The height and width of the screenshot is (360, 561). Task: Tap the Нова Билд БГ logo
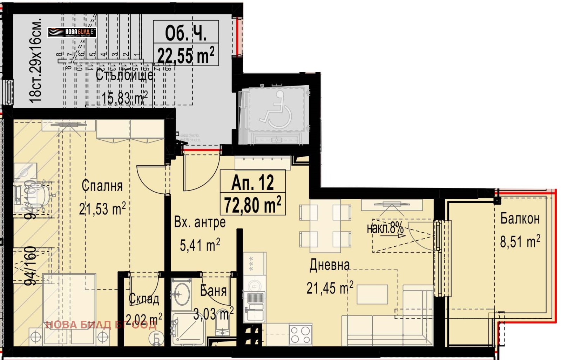click(72, 33)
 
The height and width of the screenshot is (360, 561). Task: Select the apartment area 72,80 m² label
click(252, 205)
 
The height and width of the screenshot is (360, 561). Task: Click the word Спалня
click(102, 186)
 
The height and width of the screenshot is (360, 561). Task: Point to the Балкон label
click(520, 219)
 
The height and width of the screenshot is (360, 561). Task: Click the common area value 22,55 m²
click(186, 55)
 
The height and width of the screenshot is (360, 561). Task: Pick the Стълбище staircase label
click(124, 75)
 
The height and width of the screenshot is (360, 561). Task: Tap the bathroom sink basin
click(182, 293)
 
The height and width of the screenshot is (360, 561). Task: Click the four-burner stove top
click(300, 334)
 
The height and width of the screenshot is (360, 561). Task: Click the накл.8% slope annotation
click(385, 228)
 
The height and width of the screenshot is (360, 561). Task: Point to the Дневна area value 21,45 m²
click(330, 288)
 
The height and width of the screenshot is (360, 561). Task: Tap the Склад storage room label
click(144, 299)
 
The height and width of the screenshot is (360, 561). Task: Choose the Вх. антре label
click(200, 222)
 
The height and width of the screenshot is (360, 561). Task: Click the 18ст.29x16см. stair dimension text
click(36, 60)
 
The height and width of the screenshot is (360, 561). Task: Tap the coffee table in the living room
click(372, 294)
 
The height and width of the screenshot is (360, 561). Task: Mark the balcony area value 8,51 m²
click(520, 241)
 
